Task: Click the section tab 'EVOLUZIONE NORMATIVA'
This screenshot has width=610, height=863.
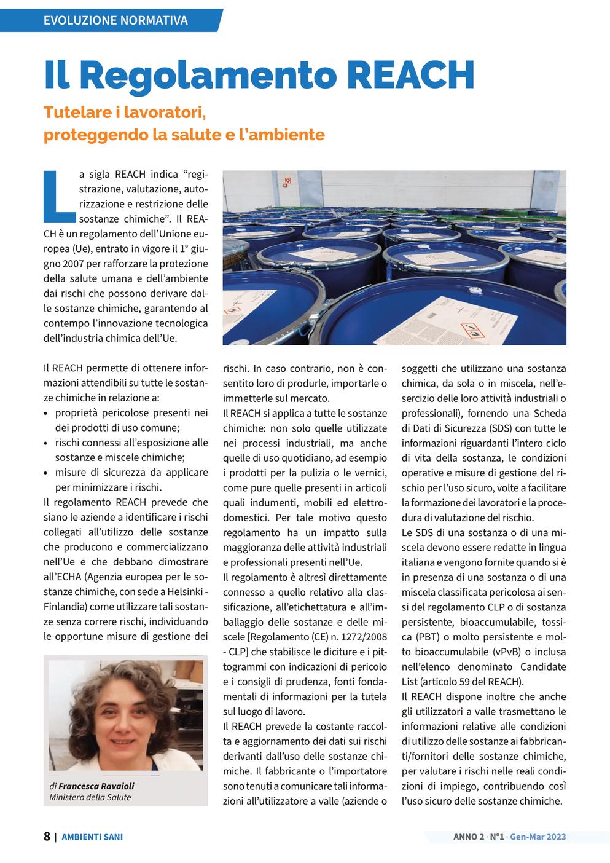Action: [x=115, y=20]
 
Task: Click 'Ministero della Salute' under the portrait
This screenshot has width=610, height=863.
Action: [x=90, y=798]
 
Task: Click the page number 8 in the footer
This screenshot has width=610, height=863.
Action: [x=47, y=837]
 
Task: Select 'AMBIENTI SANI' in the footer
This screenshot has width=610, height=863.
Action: [x=92, y=837]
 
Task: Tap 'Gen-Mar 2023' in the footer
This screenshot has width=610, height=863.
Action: [x=538, y=837]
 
